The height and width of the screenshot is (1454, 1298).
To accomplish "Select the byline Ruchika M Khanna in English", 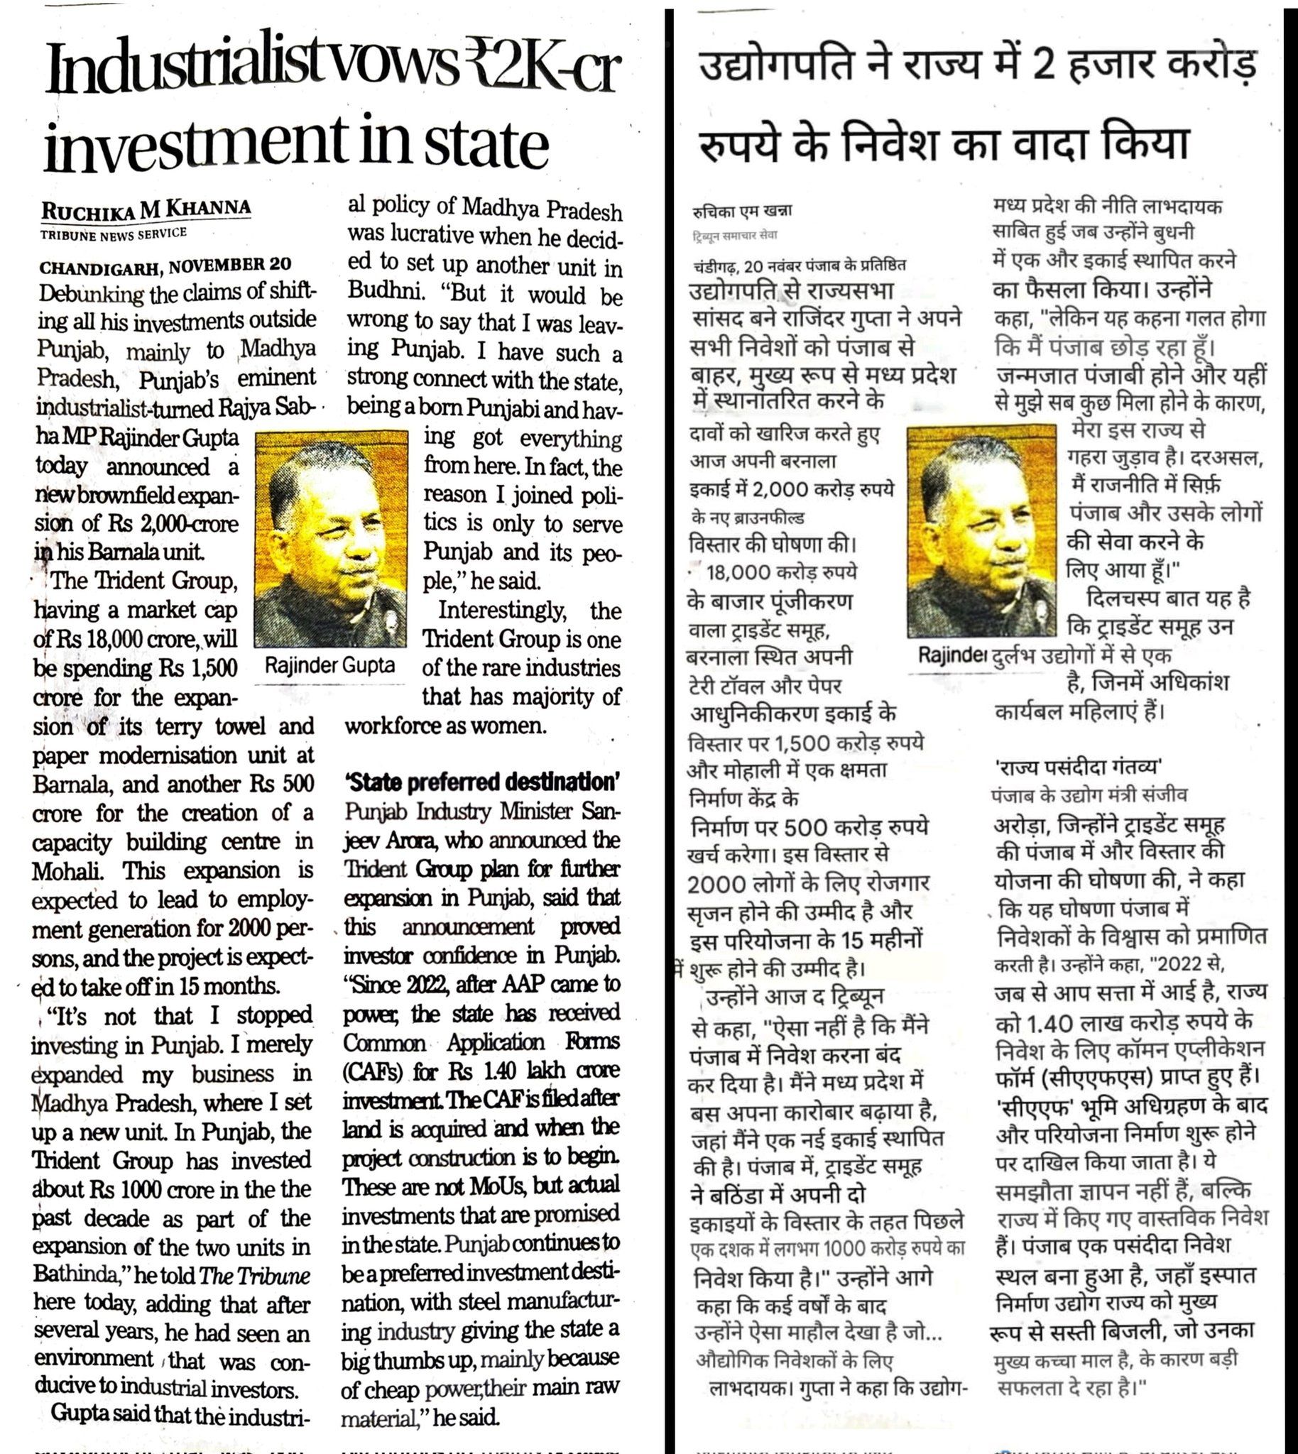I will tap(146, 209).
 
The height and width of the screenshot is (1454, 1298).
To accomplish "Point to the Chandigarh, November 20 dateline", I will tap(165, 266).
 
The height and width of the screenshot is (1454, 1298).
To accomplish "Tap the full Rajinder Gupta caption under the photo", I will tap(329, 665).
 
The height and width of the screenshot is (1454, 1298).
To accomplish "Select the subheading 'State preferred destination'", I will tap(481, 782).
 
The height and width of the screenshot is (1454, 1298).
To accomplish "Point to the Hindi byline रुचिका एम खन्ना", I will tap(742, 211).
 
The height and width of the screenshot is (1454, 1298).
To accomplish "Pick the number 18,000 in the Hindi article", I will tap(738, 573).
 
